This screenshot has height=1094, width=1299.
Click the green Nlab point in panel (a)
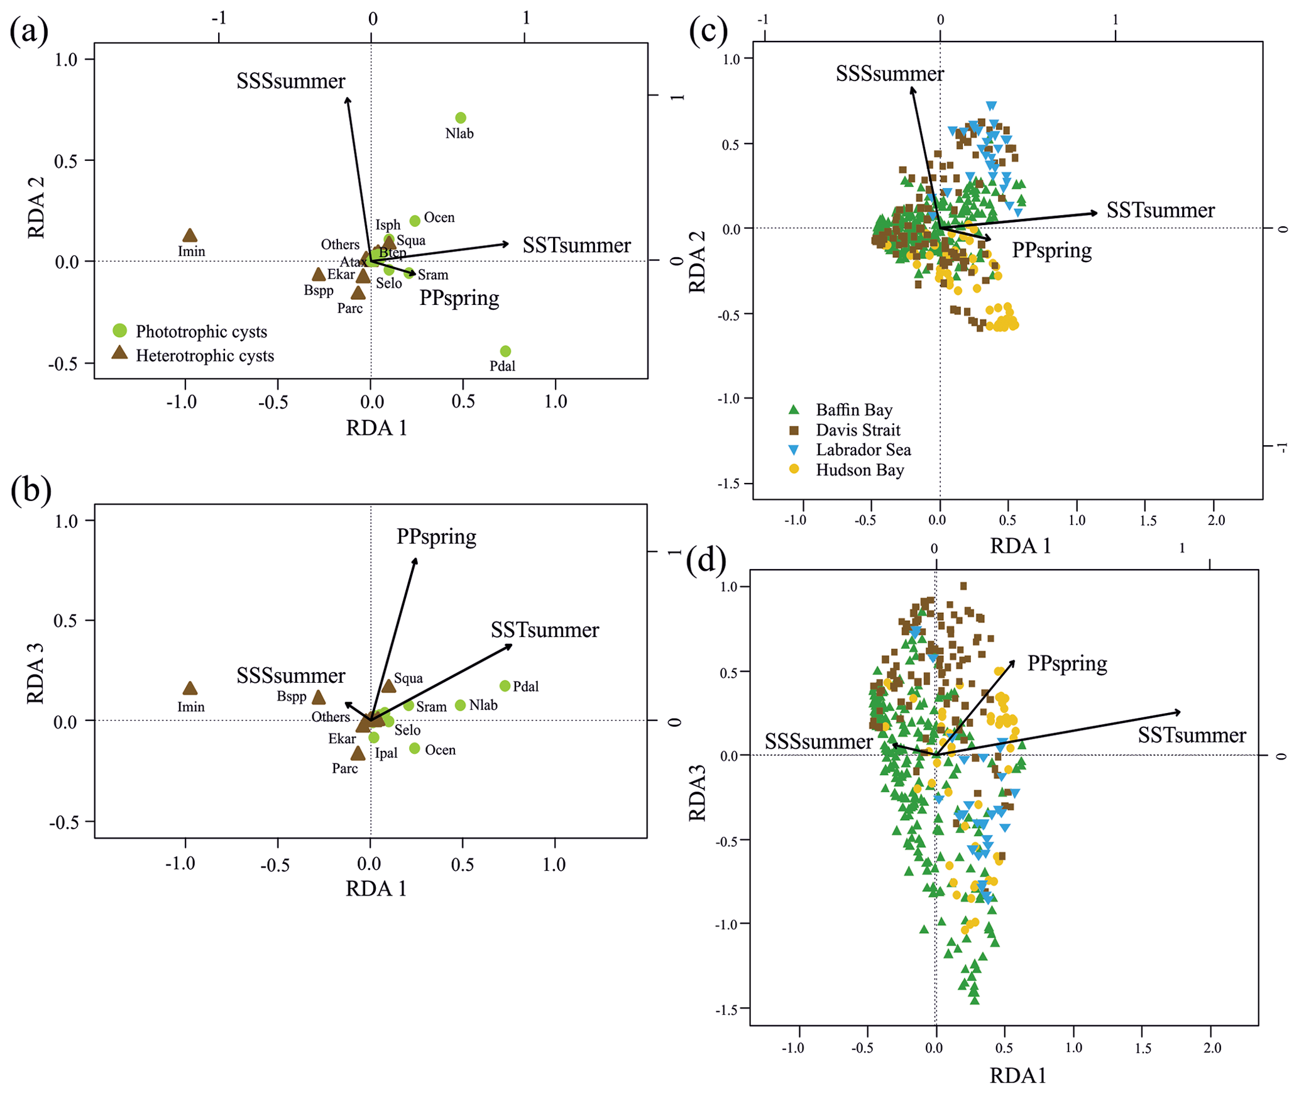click(x=461, y=118)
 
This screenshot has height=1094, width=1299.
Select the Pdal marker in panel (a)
click(x=505, y=351)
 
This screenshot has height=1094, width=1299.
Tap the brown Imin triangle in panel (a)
click(x=190, y=236)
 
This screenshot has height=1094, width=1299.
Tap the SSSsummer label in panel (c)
click(x=889, y=74)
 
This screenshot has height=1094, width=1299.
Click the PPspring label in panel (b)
click(x=436, y=536)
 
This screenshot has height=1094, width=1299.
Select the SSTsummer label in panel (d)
click(x=1192, y=735)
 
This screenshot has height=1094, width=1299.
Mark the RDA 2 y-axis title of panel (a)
click(x=36, y=207)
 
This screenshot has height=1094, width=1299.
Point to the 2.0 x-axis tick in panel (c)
click(x=1216, y=520)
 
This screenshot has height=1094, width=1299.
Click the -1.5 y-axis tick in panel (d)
click(x=728, y=1009)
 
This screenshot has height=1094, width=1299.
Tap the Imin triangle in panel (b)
click(x=190, y=688)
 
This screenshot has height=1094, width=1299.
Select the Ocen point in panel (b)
click(x=415, y=748)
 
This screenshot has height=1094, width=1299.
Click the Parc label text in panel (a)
click(x=350, y=308)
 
